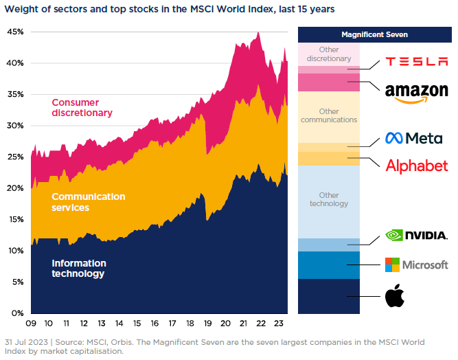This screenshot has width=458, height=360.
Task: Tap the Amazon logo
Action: [416, 93]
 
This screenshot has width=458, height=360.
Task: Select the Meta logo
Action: [413, 138]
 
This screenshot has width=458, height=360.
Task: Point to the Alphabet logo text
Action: [416, 166]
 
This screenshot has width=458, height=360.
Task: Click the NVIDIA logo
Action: [417, 235]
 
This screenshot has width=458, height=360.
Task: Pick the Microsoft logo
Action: [416, 265]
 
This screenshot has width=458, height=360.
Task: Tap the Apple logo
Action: [394, 297]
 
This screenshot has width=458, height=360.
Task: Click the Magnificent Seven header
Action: [374, 34]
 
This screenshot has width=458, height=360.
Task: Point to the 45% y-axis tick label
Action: [15, 32]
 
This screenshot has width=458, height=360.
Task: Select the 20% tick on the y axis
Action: [15, 188]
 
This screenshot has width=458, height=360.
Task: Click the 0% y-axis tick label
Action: [17, 313]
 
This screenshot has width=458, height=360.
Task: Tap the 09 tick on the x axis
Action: [31, 324]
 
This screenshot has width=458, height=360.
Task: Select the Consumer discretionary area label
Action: [82, 108]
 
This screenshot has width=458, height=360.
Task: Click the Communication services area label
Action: [88, 202]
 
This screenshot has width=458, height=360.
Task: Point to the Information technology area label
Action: [79, 269]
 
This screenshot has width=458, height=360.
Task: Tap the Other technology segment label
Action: [329, 199]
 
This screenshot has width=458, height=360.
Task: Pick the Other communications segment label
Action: [329, 115]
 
